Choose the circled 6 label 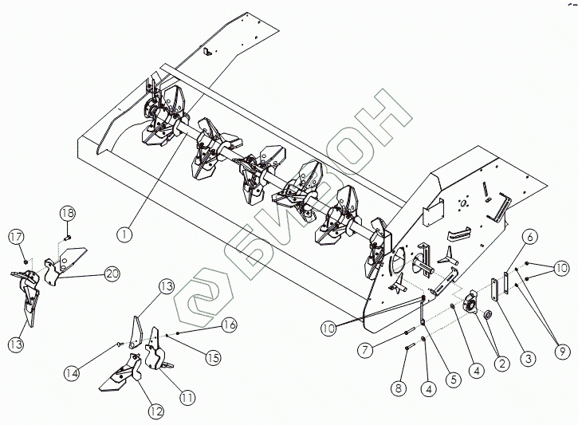tap(530, 235)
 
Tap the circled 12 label tap(155, 411)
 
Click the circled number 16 tap(230, 324)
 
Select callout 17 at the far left tap(15, 236)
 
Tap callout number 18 tap(67, 214)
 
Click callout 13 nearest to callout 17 tap(15, 344)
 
